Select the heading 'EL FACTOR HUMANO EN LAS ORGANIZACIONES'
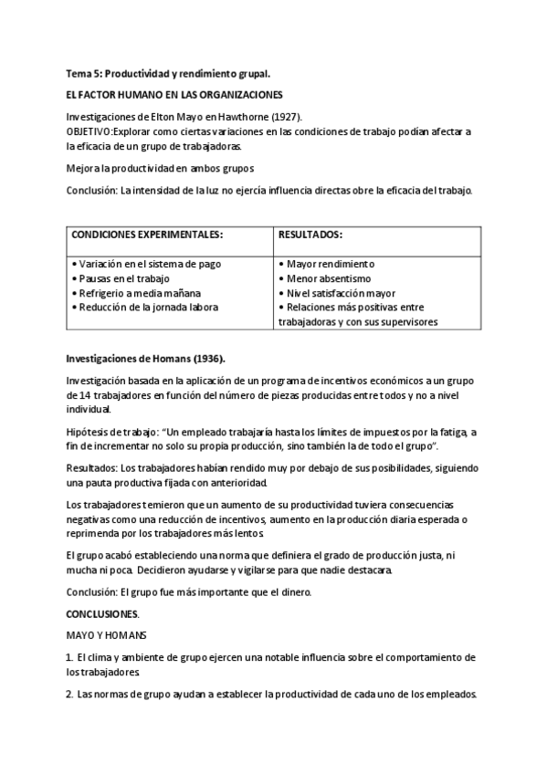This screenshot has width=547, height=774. pyautogui.click(x=174, y=94)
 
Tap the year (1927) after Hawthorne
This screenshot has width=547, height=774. pyautogui.click(x=285, y=117)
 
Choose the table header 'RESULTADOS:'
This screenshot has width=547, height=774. pyautogui.click(x=310, y=234)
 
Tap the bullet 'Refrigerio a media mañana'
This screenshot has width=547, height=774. pyautogui.click(x=134, y=293)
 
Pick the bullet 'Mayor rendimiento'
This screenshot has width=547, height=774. pyautogui.click(x=330, y=264)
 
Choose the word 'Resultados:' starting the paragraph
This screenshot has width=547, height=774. pyautogui.click(x=92, y=467)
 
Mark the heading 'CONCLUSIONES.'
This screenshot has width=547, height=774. pyautogui.click(x=103, y=613)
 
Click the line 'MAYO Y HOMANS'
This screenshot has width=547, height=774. pyautogui.click(x=100, y=635)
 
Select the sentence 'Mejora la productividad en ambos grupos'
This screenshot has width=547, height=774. pyautogui.click(x=160, y=169)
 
